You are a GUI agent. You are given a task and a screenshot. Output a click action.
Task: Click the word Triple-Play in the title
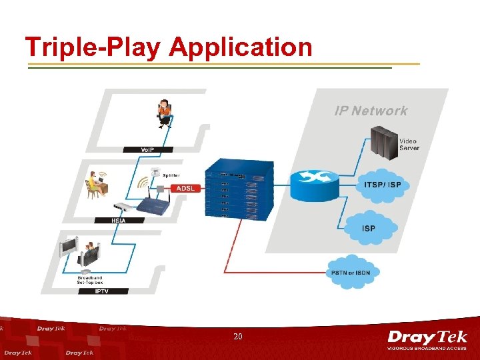[93, 48]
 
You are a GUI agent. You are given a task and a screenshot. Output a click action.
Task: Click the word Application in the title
[241, 48]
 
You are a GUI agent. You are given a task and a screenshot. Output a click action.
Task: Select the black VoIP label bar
[147, 149]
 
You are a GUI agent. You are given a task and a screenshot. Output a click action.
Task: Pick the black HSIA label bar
[119, 221]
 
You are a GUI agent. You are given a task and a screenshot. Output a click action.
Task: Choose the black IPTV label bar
[101, 291]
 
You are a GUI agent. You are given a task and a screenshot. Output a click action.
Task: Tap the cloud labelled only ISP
[369, 228]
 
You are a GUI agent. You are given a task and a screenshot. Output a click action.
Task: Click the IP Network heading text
[371, 111]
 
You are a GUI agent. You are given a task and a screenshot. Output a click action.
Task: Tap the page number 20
[238, 337]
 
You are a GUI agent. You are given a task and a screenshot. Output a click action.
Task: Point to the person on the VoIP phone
[163, 113]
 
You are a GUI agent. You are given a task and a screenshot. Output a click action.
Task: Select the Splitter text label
[171, 175]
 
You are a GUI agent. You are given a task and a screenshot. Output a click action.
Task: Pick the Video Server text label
[409, 144]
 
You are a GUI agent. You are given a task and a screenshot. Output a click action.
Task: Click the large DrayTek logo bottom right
[427, 340]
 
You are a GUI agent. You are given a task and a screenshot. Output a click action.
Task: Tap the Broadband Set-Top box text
[90, 279]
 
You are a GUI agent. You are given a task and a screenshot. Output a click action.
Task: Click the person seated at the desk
[95, 184]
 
